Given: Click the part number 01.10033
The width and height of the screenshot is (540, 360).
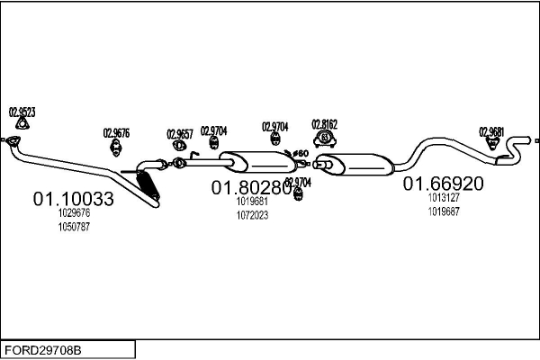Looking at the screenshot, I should click(74, 199).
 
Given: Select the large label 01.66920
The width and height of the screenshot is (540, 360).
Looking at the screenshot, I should click(443, 184).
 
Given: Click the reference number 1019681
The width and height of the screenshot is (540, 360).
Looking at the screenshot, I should click(252, 202).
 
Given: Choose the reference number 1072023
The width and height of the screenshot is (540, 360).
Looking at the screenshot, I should click(252, 215).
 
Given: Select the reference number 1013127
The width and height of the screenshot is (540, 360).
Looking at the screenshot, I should click(444, 198).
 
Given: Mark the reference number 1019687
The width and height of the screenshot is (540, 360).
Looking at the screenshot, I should click(444, 211).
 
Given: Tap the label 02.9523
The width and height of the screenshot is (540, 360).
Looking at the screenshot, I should click(22, 112).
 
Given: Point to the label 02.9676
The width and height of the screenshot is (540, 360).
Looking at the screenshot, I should click(116, 133).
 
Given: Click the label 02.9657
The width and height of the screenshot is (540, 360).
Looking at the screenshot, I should click(180, 134).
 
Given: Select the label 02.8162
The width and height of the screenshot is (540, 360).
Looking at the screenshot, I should click(324, 123).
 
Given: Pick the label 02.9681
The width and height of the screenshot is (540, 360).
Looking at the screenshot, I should click(491, 130).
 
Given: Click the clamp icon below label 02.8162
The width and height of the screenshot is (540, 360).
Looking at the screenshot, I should click(324, 139).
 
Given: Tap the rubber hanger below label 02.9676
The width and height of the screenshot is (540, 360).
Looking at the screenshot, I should click(116, 148).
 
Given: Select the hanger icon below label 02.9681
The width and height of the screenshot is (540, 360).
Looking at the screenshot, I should click(492, 145).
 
